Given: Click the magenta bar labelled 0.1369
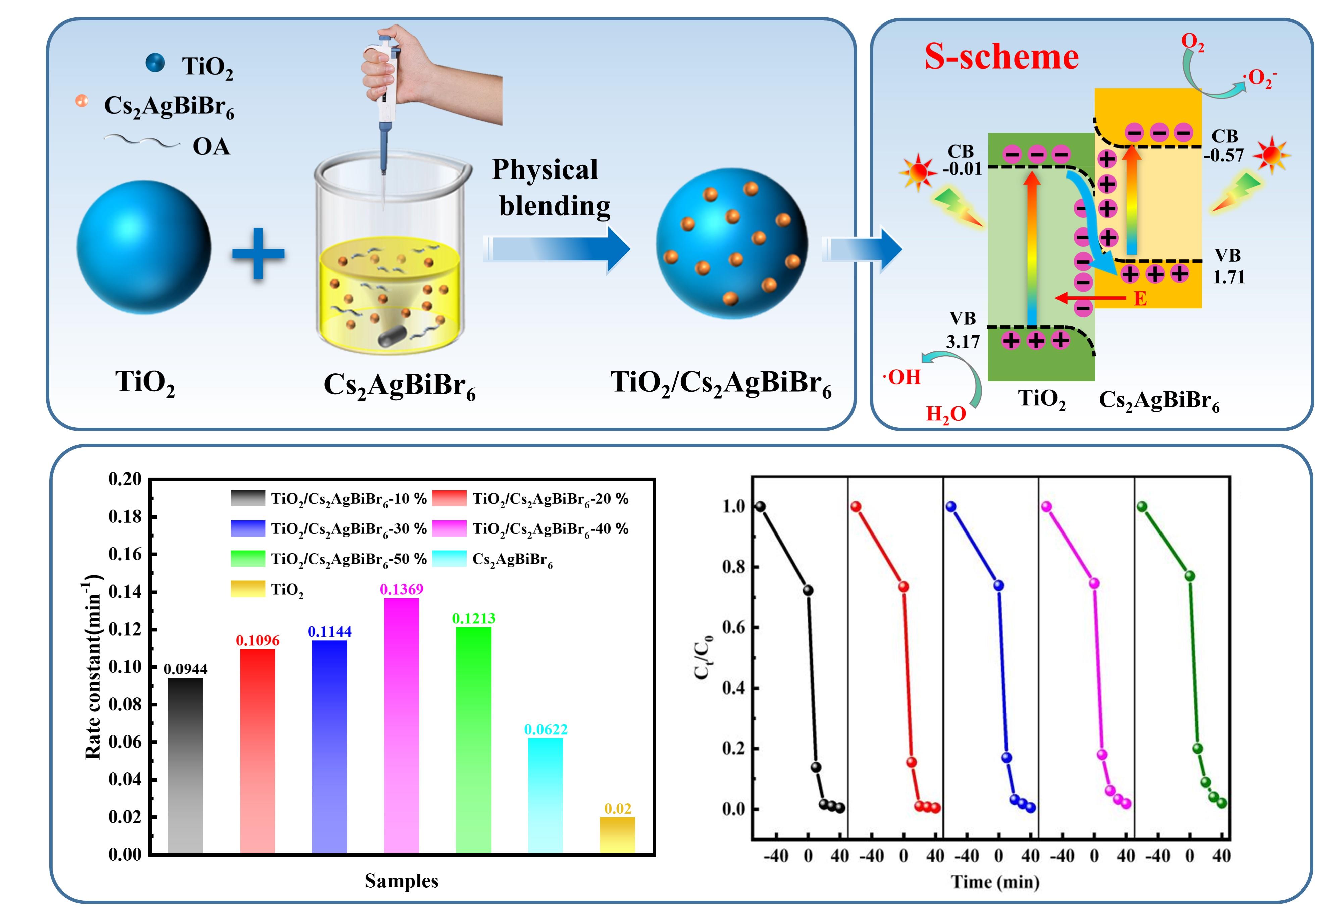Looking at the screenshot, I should [401, 725].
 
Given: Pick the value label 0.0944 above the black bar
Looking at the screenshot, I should [185, 669].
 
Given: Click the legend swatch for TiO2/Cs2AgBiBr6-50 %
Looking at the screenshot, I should [248, 559].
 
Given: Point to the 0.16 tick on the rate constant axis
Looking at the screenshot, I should [125, 554].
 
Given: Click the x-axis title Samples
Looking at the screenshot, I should [401, 881].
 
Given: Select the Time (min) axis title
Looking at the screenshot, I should [995, 882].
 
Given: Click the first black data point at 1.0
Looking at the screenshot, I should [761, 507].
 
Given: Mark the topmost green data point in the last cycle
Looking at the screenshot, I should [1142, 507].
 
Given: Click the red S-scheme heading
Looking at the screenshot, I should [1001, 57].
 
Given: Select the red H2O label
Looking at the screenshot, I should [946, 414].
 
